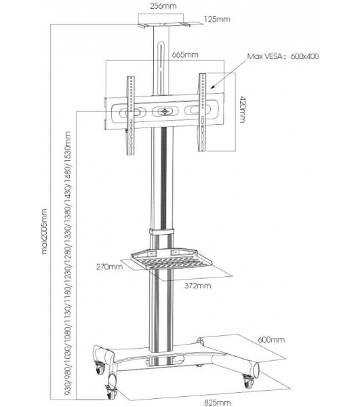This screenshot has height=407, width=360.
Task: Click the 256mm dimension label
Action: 163,6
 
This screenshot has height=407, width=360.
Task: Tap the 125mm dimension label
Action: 217,19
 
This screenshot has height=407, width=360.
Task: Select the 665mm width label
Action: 185,55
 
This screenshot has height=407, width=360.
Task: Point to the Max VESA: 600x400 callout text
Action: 283,56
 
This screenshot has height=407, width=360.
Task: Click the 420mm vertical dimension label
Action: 242,109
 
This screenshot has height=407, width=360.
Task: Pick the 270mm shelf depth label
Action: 109,267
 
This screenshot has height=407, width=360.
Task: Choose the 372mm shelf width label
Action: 198,286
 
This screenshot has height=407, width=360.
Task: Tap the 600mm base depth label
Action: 271,340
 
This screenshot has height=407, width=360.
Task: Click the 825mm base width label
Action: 218,402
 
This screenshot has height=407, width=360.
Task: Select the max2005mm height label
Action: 44,231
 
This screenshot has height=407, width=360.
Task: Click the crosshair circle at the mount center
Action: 165,112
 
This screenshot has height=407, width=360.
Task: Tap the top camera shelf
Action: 163,25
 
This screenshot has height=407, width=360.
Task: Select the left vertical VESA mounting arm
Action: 130,115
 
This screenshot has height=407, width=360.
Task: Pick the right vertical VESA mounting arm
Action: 202,112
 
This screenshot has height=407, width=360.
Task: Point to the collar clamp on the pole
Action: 161,231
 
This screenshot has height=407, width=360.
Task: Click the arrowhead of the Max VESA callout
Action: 212,87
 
